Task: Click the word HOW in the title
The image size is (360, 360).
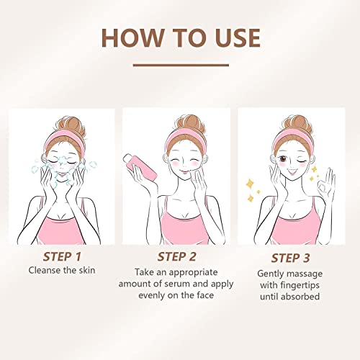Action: (x=127, y=37)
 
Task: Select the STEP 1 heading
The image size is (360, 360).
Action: (x=63, y=255)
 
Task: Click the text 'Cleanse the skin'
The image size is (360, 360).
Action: (x=63, y=270)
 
